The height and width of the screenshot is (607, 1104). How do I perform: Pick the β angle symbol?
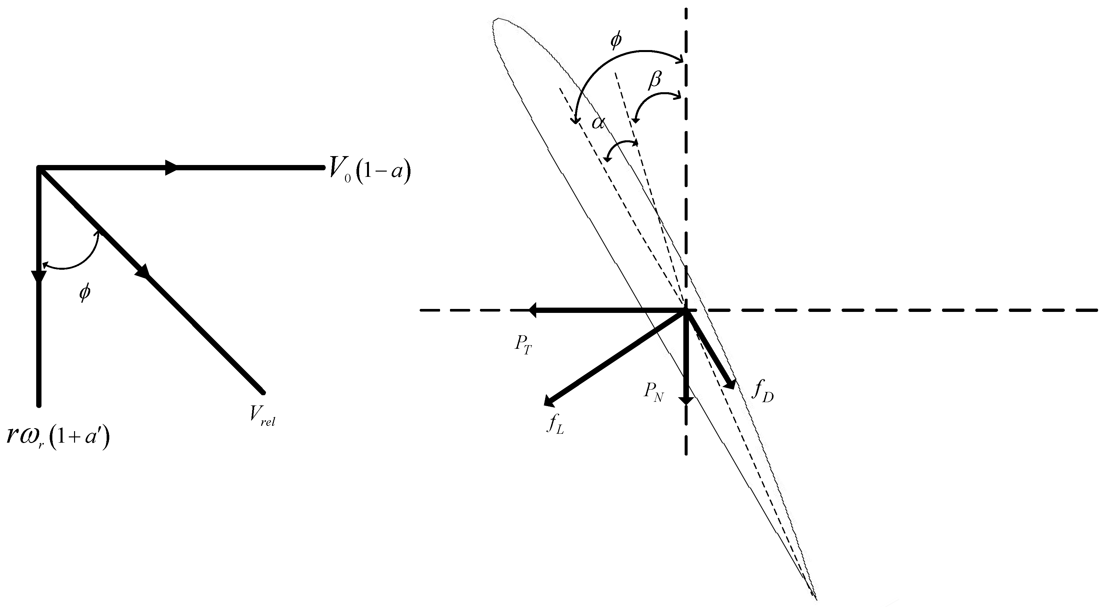click(x=655, y=80)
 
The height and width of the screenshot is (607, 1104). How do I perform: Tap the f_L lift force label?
click(x=555, y=425)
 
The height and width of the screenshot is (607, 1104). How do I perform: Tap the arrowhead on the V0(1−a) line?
click(x=171, y=168)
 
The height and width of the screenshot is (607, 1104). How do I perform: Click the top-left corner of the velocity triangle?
click(x=39, y=168)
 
